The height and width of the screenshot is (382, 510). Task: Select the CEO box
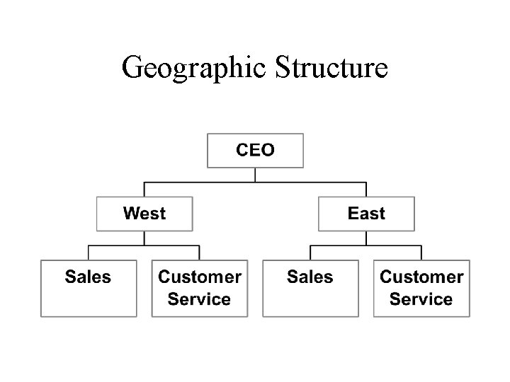[x=255, y=151]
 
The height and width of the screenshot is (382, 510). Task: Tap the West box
[x=144, y=213]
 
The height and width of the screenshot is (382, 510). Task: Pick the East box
[x=366, y=213]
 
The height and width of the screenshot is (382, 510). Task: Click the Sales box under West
[x=89, y=288]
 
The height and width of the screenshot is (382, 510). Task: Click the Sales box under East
[x=310, y=288]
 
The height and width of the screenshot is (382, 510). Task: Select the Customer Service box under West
[x=200, y=288]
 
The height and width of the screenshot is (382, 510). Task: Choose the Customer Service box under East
[x=421, y=288]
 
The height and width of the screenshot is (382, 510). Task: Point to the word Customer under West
[x=200, y=277]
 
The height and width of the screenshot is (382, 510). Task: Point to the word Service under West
[x=200, y=299]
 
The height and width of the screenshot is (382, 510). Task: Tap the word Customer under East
[x=421, y=277]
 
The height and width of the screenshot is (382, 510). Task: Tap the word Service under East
[x=421, y=299]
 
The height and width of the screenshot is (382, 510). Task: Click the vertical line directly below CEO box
[x=255, y=175]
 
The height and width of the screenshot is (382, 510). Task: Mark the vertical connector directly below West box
[x=144, y=238]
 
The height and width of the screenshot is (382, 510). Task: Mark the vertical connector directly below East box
[x=366, y=238]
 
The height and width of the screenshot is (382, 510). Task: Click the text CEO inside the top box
[x=255, y=150]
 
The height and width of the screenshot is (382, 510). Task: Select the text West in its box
[x=144, y=213]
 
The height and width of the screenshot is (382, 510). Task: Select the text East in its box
[x=366, y=213]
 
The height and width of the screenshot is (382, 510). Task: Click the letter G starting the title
[x=132, y=67]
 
